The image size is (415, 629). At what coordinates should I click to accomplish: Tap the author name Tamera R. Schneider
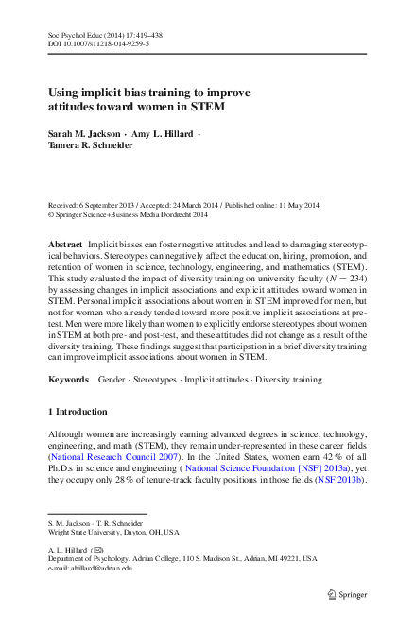(91, 148)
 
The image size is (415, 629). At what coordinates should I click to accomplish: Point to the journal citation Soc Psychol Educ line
(104, 32)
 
